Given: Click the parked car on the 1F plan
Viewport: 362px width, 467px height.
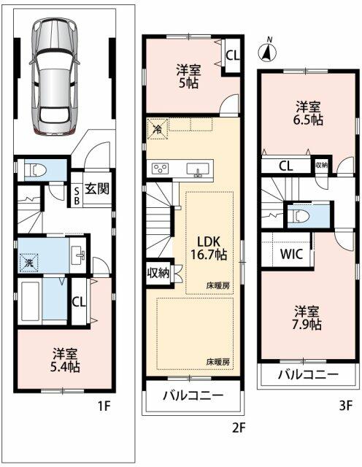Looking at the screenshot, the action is click(x=55, y=77).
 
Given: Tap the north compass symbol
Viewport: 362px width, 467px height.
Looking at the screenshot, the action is click(x=267, y=51).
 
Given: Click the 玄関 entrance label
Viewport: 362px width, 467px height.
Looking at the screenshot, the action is click(x=97, y=188).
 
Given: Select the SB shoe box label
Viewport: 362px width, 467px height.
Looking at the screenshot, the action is click(x=77, y=196).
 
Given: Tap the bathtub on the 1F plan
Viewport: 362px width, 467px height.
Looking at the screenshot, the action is click(x=31, y=301).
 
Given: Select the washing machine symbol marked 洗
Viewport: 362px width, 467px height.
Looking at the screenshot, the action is click(x=29, y=263).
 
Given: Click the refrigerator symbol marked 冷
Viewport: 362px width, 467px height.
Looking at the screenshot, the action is click(x=157, y=128).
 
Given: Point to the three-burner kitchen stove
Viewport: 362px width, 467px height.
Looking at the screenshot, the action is click(x=161, y=169).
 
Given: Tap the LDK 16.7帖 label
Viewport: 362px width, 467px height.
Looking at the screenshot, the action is click(x=209, y=248).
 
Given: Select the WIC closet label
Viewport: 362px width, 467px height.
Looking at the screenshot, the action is click(x=291, y=254).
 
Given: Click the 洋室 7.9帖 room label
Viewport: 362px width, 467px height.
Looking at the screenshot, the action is click(x=308, y=318).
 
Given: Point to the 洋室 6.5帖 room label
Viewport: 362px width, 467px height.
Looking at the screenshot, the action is click(x=309, y=113).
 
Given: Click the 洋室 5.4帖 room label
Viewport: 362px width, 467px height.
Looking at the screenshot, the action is click(x=65, y=360).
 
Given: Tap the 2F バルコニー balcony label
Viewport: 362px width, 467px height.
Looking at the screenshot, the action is click(x=193, y=395).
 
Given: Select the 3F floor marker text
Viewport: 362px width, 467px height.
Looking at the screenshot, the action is click(x=346, y=406).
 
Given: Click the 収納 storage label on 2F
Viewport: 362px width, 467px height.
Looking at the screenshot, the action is click(x=158, y=273).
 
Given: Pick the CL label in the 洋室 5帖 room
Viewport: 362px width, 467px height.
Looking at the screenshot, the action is click(x=232, y=55).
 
